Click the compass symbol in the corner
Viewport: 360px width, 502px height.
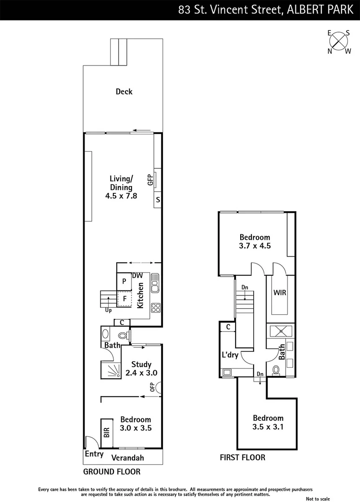point(339,42)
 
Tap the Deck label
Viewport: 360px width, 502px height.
point(124,92)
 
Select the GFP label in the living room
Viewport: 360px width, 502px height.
point(150,180)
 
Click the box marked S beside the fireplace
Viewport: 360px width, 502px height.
point(158,200)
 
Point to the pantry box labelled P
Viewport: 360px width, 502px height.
point(124,281)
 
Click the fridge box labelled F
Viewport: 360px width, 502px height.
point(124,299)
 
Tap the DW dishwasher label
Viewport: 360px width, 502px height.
point(137,276)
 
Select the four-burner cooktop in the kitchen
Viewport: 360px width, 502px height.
point(156,307)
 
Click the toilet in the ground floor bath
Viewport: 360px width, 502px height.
point(123,335)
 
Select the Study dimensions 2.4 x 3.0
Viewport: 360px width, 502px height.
point(142,373)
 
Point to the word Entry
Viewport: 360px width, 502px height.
point(94,454)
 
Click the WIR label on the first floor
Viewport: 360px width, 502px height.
point(280,293)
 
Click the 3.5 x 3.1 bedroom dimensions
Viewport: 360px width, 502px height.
point(268,426)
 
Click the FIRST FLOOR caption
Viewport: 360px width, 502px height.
point(242,457)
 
